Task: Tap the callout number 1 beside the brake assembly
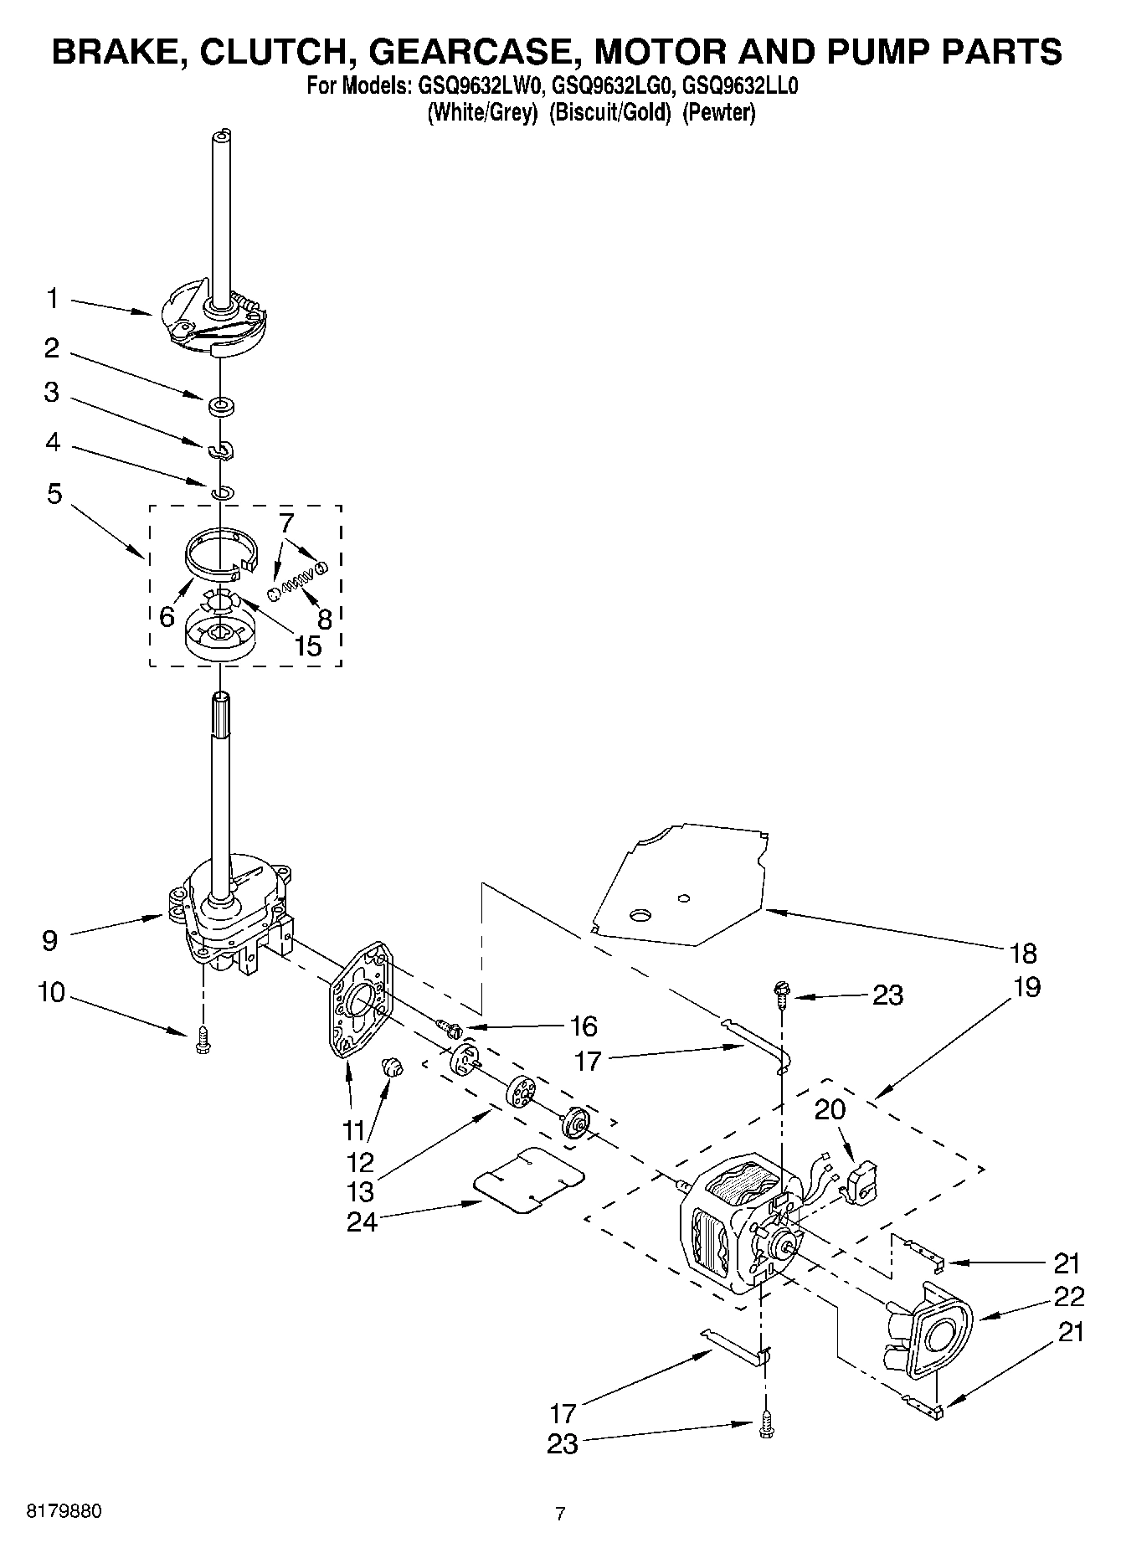53,298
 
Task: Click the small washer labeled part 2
222,407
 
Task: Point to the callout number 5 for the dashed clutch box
54,493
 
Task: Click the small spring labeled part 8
297,577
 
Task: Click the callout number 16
584,1026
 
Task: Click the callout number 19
1026,987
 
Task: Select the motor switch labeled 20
860,1181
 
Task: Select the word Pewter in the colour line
718,113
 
